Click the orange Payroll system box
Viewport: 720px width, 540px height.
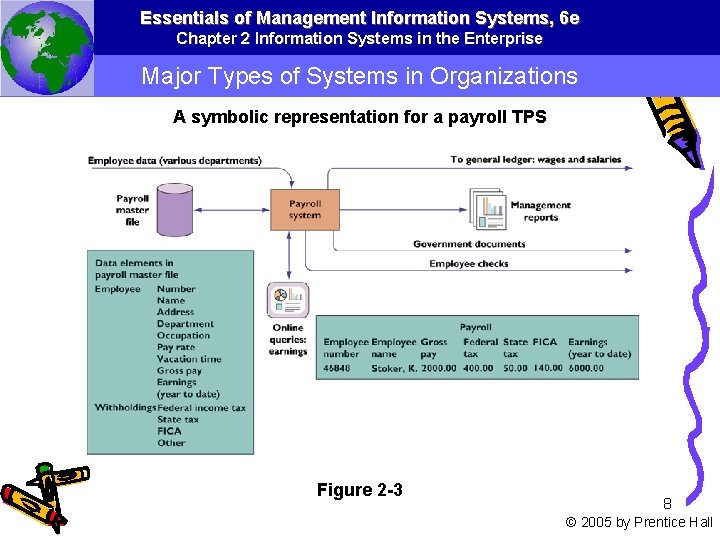coord(305,210)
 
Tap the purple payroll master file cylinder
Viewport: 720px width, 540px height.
coord(176,210)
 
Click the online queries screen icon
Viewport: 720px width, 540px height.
coord(288,300)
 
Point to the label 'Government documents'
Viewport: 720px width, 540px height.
coord(469,244)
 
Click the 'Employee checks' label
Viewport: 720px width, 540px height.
coord(469,264)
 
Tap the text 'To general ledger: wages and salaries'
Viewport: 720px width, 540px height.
coord(536,160)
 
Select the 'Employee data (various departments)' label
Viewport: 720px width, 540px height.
coord(175,160)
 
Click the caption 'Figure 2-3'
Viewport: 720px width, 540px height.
coord(359,489)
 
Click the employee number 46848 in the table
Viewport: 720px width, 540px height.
coord(337,368)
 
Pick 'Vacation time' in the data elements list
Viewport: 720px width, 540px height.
coord(189,359)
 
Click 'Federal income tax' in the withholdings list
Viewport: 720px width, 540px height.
coord(201,408)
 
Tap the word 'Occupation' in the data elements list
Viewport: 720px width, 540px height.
coord(184,336)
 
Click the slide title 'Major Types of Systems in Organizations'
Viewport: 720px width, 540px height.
coord(359,76)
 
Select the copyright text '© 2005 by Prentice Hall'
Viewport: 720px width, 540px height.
coord(639,522)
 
